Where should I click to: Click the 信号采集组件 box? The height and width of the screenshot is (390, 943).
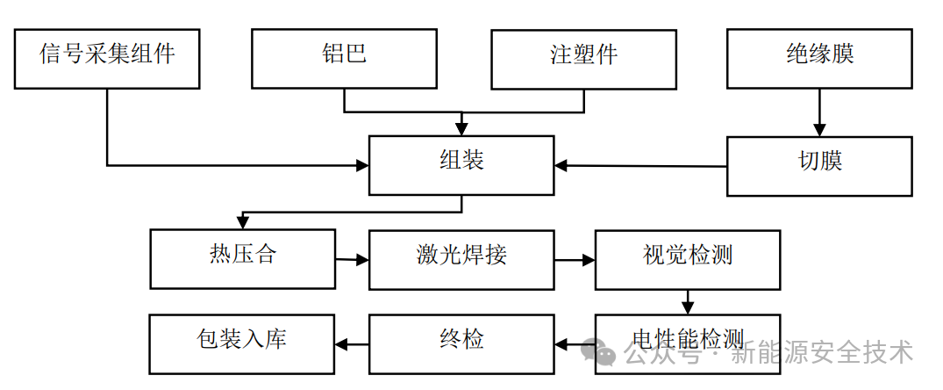[x=108, y=58]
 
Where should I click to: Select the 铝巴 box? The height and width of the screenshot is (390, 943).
[x=344, y=58]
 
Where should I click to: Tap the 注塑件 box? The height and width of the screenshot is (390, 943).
[x=583, y=58]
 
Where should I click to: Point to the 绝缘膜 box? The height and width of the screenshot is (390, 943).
[x=819, y=58]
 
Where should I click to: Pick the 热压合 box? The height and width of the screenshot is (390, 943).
[x=242, y=259]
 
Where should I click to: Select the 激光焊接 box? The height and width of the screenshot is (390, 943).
[x=461, y=259]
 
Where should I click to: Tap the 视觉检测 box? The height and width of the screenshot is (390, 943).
[x=688, y=259]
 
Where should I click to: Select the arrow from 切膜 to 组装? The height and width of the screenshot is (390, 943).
[x=640, y=166]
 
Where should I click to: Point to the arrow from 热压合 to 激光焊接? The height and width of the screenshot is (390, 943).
[x=352, y=260]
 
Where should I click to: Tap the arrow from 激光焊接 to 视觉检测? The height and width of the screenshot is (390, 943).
[x=575, y=260]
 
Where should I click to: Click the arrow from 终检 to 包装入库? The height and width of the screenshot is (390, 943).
[x=352, y=343]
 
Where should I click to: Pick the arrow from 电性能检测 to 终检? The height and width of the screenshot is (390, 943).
[x=575, y=343]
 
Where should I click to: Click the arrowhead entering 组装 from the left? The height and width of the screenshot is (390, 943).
[x=361, y=165]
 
